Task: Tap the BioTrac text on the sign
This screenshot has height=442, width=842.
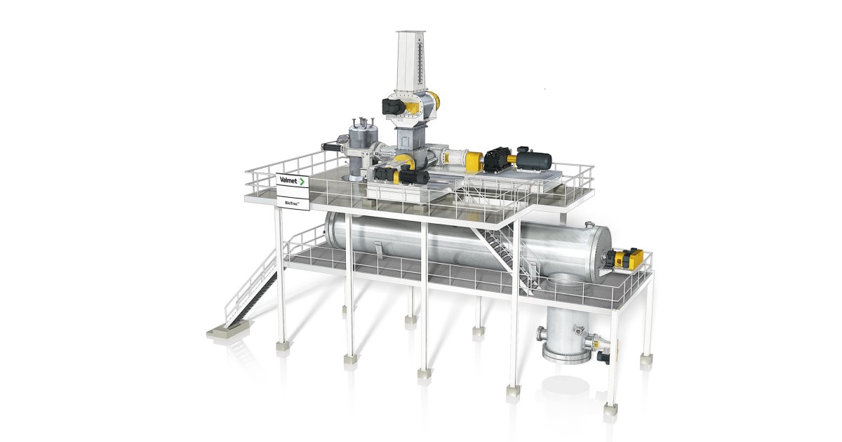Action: tap(289, 201)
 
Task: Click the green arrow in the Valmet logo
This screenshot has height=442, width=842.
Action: tap(302, 181)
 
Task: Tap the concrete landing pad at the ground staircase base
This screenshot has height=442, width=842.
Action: tap(229, 327)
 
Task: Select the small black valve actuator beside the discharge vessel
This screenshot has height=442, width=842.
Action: tap(602, 356)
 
